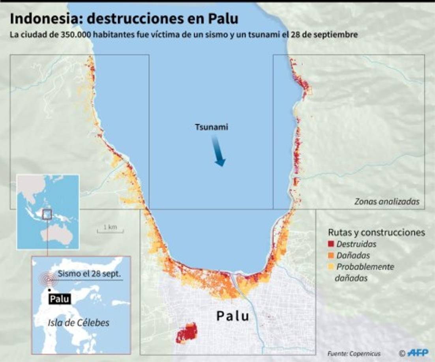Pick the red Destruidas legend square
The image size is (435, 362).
click(331, 244)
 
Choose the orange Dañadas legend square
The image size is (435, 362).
click(331, 256)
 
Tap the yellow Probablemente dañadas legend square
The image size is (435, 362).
click(331, 267)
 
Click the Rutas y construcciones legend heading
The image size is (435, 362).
click(377, 232)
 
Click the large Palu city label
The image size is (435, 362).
click(233, 315)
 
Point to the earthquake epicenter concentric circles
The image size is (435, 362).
click(48, 279)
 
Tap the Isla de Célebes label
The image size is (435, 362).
click(78, 323)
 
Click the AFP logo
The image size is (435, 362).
click(418, 353)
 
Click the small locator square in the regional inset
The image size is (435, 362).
click(47, 214)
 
